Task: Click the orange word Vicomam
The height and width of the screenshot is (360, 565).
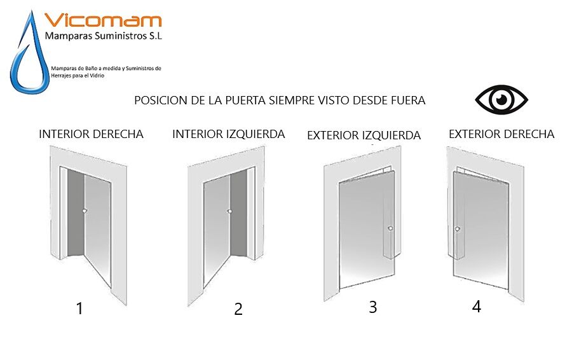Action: click(103, 20)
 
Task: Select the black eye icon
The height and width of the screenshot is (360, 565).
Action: click(501, 100)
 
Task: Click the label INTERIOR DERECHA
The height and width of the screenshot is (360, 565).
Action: click(91, 134)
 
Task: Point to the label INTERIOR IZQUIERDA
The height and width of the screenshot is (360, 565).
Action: click(228, 134)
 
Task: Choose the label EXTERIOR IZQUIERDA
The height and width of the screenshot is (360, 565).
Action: click(364, 135)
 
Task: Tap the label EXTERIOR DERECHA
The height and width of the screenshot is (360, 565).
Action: click(501, 134)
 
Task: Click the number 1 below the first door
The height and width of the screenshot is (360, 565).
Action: click(79, 308)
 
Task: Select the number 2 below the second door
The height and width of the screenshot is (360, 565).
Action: click(238, 309)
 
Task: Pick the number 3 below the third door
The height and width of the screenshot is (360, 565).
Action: click(373, 307)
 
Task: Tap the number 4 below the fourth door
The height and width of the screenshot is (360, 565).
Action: click(477, 306)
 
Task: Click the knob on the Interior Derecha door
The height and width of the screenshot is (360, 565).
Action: click(85, 211)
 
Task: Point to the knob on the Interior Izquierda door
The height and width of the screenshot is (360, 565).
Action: click(229, 211)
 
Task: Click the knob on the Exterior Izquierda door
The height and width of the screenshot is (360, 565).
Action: click(390, 228)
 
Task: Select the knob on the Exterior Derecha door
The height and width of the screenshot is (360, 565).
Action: click(457, 229)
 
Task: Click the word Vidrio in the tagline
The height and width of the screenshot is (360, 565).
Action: click(98, 76)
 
